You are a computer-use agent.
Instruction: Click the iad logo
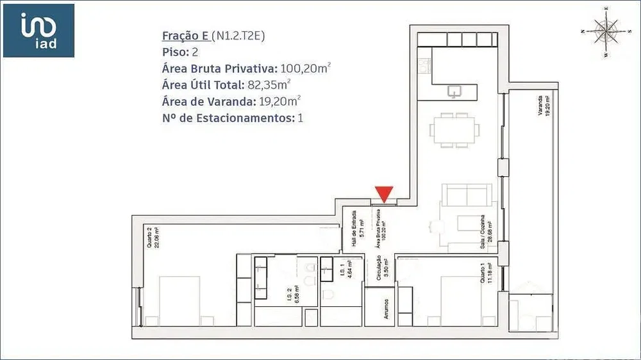click(38, 30)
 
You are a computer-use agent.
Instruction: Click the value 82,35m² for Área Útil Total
click(269, 85)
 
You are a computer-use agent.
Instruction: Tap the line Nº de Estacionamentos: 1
click(233, 118)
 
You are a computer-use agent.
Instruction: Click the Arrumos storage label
click(387, 309)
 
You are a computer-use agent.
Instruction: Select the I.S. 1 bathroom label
click(344, 274)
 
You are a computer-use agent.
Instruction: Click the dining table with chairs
click(455, 131)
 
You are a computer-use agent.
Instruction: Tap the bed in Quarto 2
click(176, 301)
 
